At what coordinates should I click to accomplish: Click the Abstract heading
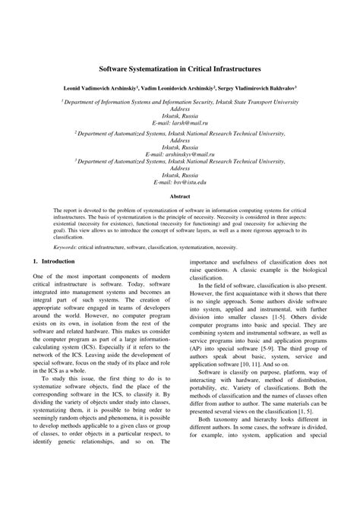[179, 196]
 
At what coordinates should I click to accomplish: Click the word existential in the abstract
[69, 226]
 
